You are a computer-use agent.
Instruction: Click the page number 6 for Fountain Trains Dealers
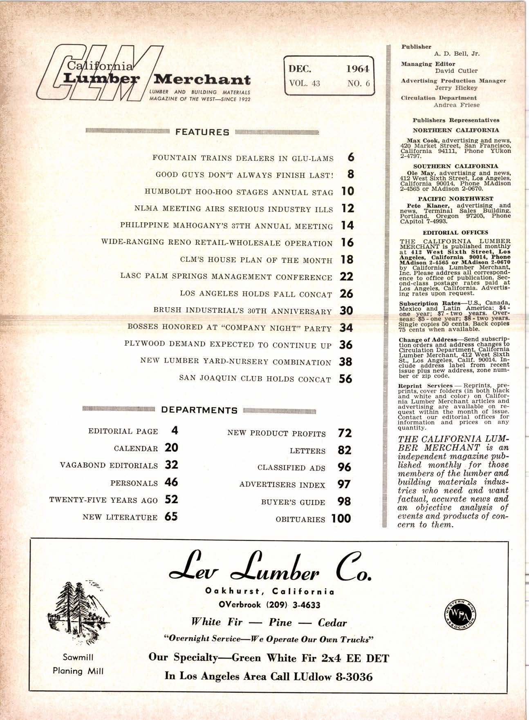tap(351, 158)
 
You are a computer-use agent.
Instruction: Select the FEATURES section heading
tap(202, 132)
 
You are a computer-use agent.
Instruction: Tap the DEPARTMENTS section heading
tap(199, 410)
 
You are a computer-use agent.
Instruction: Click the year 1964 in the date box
tap(357, 69)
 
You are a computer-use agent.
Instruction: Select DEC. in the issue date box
tap(300, 69)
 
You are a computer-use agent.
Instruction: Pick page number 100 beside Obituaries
tap(341, 519)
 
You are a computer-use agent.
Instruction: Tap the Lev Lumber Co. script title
tap(269, 567)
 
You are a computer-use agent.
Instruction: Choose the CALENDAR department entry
tap(136, 448)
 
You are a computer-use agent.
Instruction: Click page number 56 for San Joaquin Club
tap(345, 379)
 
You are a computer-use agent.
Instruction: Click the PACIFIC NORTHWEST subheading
tap(455, 198)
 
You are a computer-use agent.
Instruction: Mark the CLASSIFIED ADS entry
tap(291, 468)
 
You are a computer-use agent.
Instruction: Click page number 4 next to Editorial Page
tap(175, 430)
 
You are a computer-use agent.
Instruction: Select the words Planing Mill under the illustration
tap(78, 671)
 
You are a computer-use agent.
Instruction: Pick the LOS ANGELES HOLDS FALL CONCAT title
tap(256, 294)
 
